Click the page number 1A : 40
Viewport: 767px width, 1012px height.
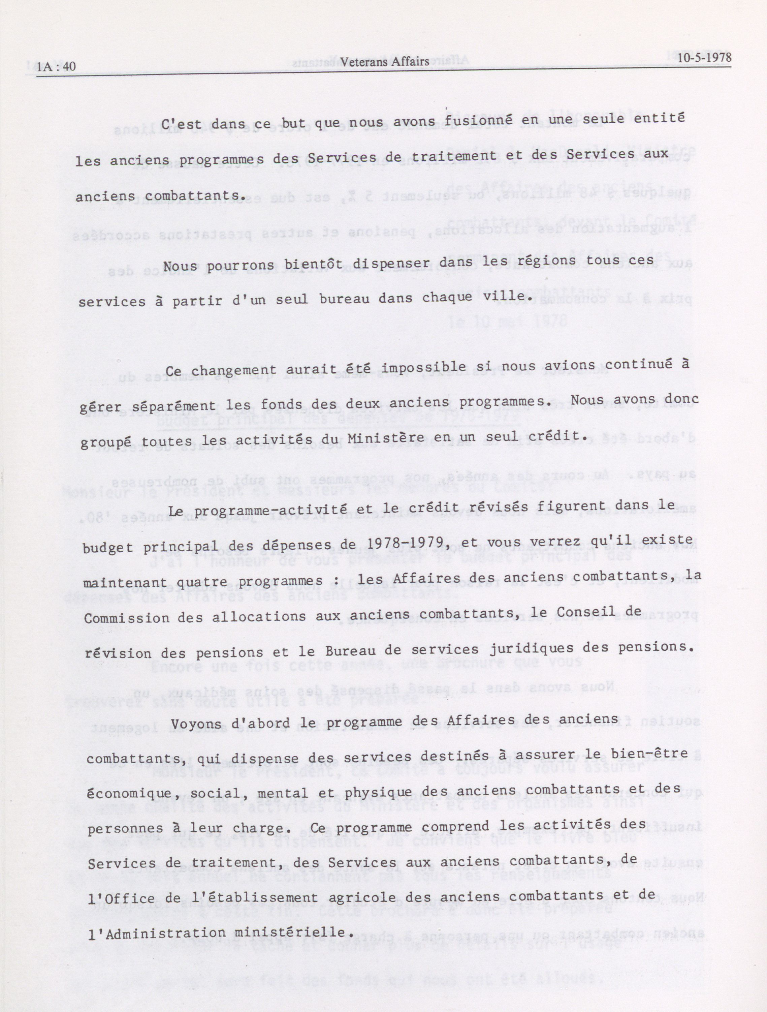tap(56, 67)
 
